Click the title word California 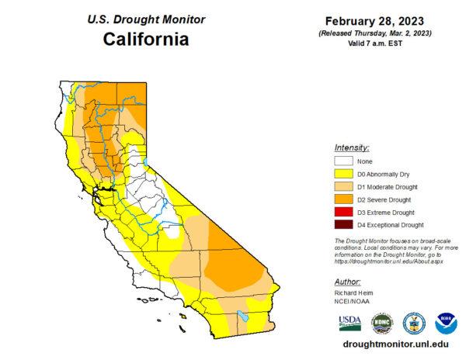click(x=147, y=39)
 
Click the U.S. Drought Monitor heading click(x=147, y=18)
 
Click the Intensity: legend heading click(x=352, y=147)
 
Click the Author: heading click(x=349, y=282)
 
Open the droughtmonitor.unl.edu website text click(x=396, y=343)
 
